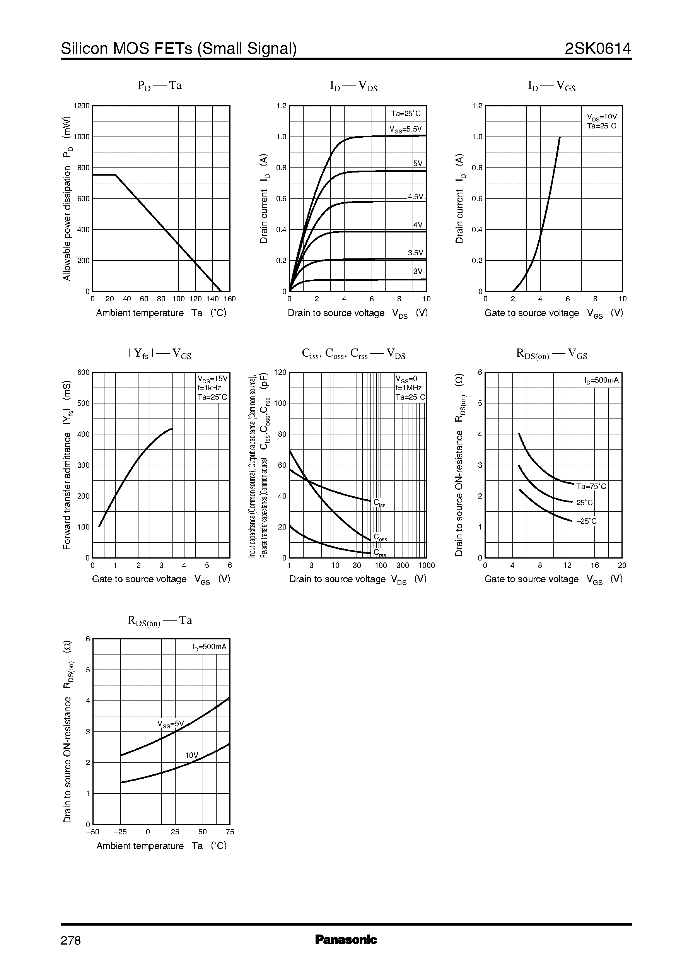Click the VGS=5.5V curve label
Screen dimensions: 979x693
click(405, 129)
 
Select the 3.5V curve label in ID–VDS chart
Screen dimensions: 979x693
click(415, 253)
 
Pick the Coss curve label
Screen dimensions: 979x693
click(380, 537)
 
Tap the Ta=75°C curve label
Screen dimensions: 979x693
click(591, 487)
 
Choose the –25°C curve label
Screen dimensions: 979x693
click(586, 521)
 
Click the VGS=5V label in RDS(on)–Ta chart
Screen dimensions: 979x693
click(170, 724)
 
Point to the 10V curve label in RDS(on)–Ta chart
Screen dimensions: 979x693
click(191, 755)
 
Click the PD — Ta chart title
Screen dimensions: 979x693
click(160, 86)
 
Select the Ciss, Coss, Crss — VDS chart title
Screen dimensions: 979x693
click(353, 354)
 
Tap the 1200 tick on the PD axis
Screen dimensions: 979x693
click(82, 106)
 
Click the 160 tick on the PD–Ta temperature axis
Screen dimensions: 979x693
click(230, 299)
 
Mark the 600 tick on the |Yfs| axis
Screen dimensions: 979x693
click(83, 372)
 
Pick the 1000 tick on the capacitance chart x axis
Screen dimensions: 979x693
click(426, 566)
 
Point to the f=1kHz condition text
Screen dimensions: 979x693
click(209, 388)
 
